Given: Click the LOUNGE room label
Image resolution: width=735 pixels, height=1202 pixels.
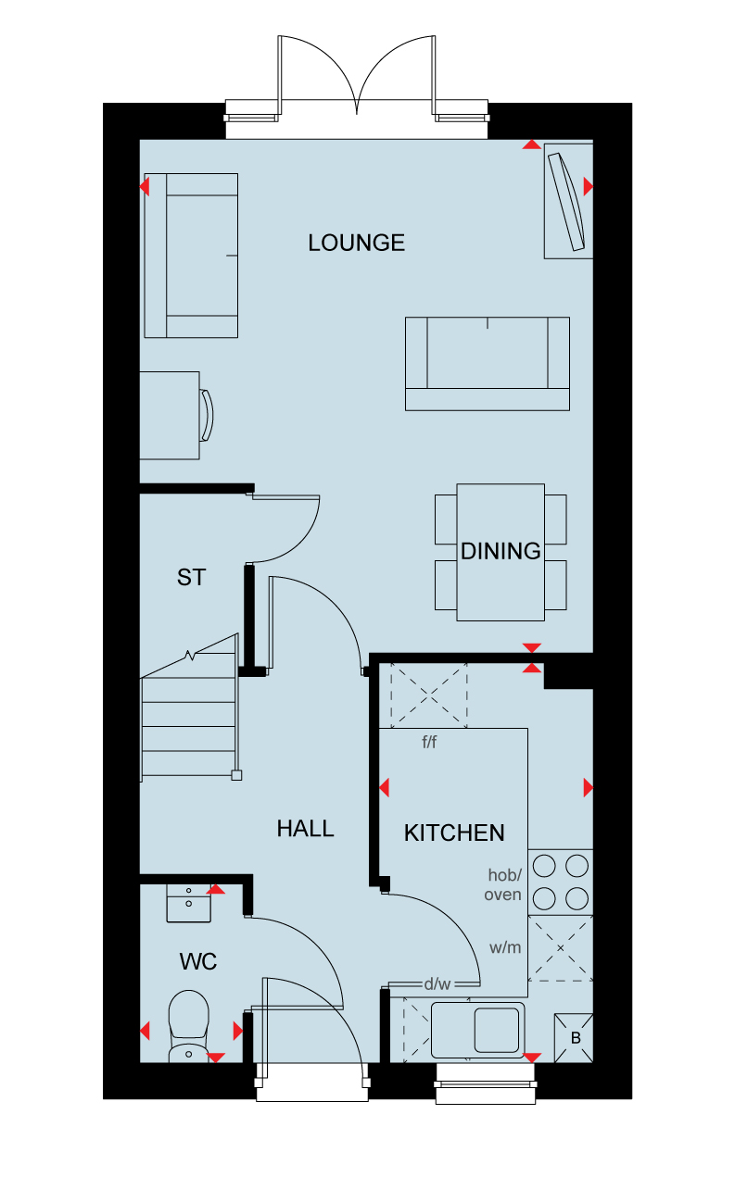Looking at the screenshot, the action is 356,243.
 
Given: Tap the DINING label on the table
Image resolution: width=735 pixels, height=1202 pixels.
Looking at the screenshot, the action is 501,551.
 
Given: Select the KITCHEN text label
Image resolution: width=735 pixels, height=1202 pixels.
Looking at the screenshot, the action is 454,833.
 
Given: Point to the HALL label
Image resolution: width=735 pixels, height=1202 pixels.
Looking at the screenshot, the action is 305,829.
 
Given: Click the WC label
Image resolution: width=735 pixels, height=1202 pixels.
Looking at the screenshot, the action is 198,961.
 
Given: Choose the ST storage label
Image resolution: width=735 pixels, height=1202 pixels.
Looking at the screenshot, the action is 191,578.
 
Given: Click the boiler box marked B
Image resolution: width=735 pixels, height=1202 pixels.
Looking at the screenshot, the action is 574,1038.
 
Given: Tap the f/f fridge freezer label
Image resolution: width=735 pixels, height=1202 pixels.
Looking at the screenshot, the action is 429,742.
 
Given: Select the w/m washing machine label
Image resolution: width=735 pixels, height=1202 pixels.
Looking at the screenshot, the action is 505,947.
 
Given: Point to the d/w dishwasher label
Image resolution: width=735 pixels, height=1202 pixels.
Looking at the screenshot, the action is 437,983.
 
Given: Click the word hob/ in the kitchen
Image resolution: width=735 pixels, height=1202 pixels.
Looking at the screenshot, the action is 504,875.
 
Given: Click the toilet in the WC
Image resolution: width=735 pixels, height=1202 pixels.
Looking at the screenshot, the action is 188,1026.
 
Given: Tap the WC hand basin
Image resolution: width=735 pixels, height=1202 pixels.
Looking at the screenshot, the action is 188,903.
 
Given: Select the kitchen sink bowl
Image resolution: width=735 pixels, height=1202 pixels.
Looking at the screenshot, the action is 497,1030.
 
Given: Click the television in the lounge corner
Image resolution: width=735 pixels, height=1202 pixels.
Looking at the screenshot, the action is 566,202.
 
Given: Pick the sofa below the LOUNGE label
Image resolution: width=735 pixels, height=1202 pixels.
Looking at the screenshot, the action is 487,364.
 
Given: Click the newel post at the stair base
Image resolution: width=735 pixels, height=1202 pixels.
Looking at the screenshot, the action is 236,775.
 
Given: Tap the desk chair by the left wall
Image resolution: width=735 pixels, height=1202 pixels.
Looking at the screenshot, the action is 207,416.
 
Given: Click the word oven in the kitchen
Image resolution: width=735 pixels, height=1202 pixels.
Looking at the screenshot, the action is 502,895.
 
